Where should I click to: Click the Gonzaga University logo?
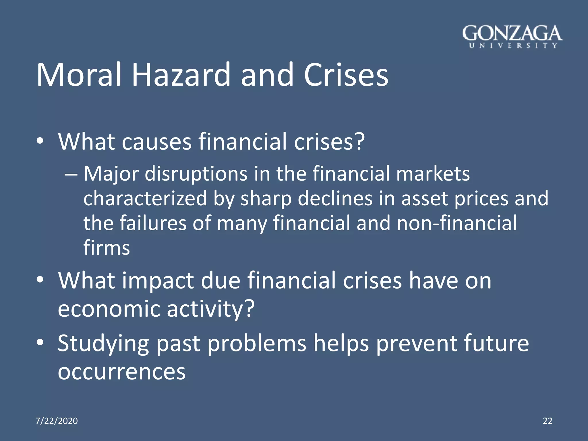tap(512, 37)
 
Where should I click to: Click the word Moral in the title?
tap(78, 75)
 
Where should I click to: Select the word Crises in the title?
tap(346, 75)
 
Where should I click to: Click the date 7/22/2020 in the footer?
tap(57, 421)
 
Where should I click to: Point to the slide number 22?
tap(548, 421)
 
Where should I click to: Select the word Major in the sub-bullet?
tap(111, 174)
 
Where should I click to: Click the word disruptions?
tap(196, 174)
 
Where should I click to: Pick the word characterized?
tap(145, 199)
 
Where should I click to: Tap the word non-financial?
tap(457, 223)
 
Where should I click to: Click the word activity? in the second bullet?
tap(211, 309)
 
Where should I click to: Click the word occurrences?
tap(122, 372)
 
